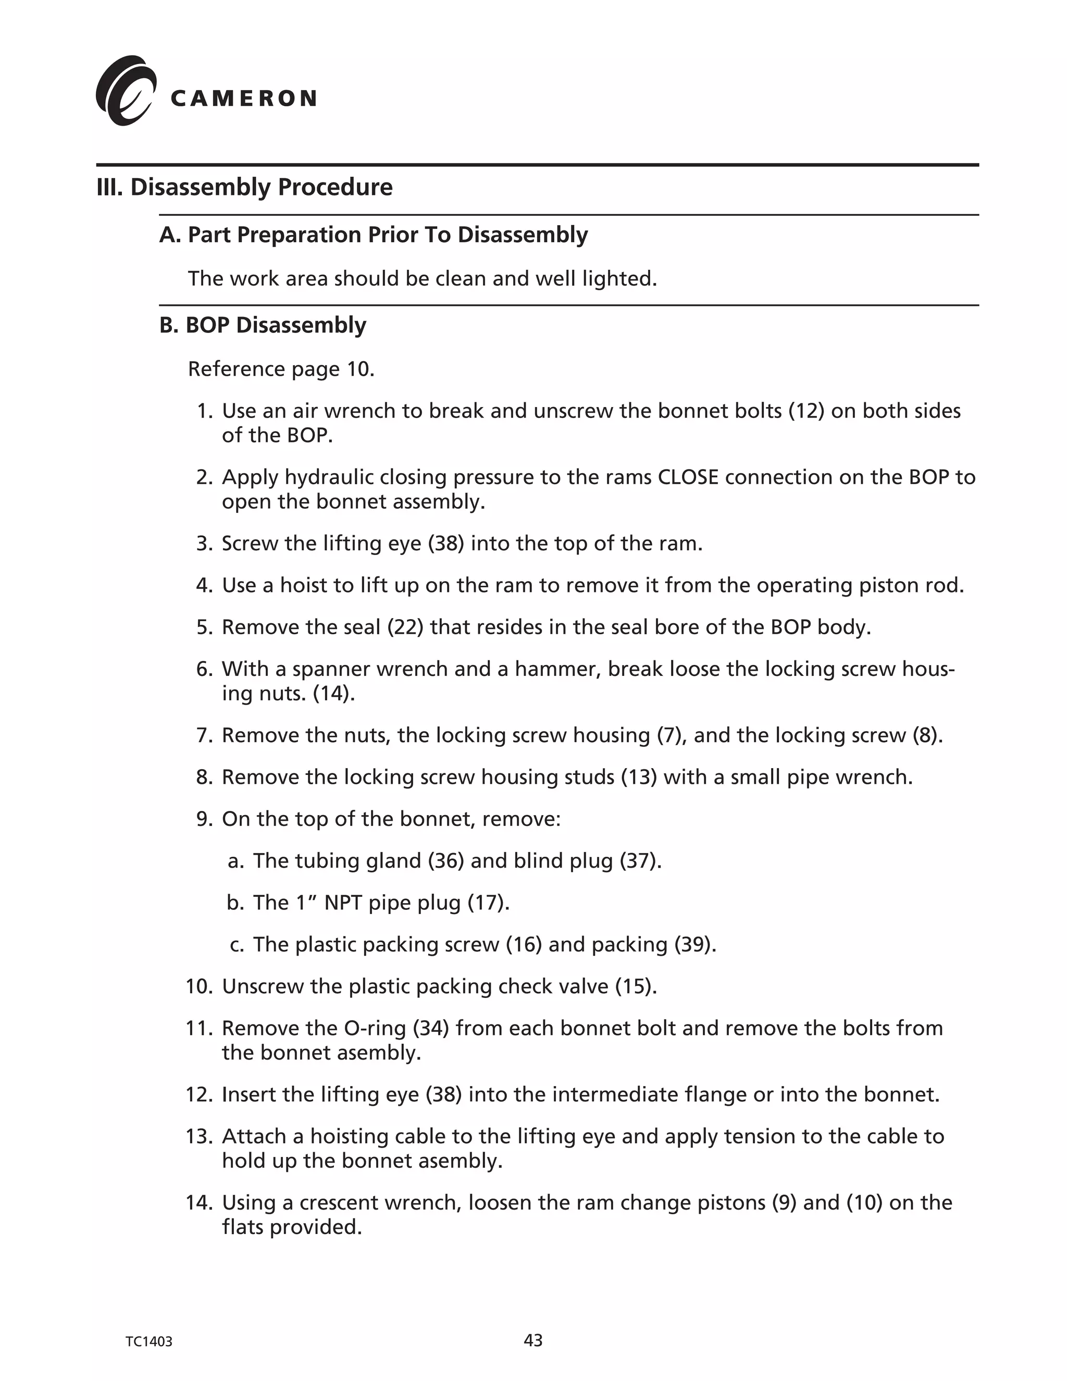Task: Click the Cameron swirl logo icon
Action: click(x=125, y=91)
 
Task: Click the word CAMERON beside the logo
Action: click(x=243, y=98)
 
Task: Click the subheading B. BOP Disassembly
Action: click(x=263, y=325)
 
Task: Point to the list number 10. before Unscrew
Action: click(x=199, y=987)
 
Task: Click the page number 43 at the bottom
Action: click(x=533, y=1340)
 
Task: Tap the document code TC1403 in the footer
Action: click(x=148, y=1342)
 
